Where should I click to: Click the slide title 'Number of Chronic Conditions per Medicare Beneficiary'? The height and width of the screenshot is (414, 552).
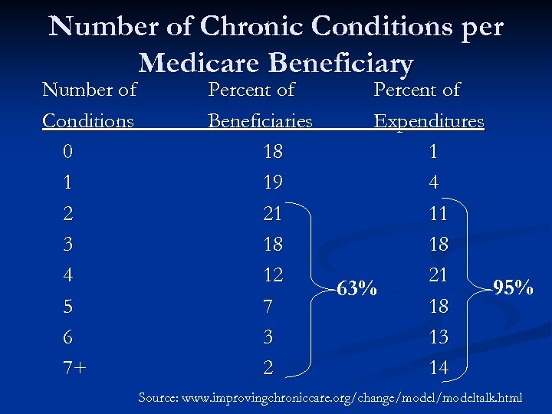click(276, 44)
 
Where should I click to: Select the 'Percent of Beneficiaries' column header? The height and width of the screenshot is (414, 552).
click(260, 106)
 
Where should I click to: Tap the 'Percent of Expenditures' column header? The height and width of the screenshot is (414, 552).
click(428, 106)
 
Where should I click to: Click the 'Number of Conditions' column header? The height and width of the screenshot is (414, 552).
click(89, 106)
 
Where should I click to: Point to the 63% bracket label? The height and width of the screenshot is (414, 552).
click(357, 289)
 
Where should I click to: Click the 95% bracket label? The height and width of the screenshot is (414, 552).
click(513, 288)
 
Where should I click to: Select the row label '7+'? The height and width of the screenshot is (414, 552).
click(74, 368)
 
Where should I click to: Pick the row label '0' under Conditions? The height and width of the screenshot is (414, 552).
click(68, 153)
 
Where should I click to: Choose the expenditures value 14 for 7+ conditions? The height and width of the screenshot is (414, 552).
click(438, 368)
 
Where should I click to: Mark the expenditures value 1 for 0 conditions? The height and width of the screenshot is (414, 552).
click(434, 153)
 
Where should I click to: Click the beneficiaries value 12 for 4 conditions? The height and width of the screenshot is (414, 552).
click(273, 274)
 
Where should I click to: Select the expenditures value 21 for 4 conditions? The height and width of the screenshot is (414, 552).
click(438, 274)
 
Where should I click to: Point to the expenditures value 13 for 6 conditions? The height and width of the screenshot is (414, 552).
click(438, 337)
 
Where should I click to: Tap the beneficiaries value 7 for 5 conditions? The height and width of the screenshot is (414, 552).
click(268, 307)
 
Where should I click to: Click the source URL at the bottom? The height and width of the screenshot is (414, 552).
click(330, 398)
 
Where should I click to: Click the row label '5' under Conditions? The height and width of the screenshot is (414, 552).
click(68, 307)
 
